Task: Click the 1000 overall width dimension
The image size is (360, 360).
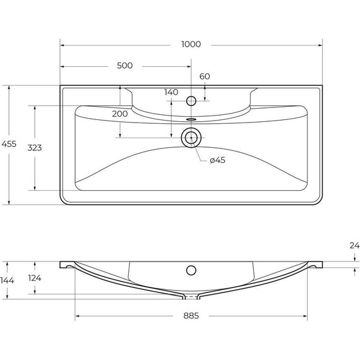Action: coord(191,44)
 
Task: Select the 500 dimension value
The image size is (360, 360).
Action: coord(124,66)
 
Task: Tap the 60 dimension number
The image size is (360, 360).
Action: coord(205,76)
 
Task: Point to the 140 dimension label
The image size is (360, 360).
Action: coord(171,92)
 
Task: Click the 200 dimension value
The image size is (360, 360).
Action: coord(120,114)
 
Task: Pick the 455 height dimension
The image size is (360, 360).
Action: coord(9,144)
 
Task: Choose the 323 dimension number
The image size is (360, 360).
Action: coord(35,148)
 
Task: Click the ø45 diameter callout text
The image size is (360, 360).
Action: coord(217,160)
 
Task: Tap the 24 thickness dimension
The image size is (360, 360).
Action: coord(354,246)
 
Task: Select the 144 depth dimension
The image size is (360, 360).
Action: coord(7,280)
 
